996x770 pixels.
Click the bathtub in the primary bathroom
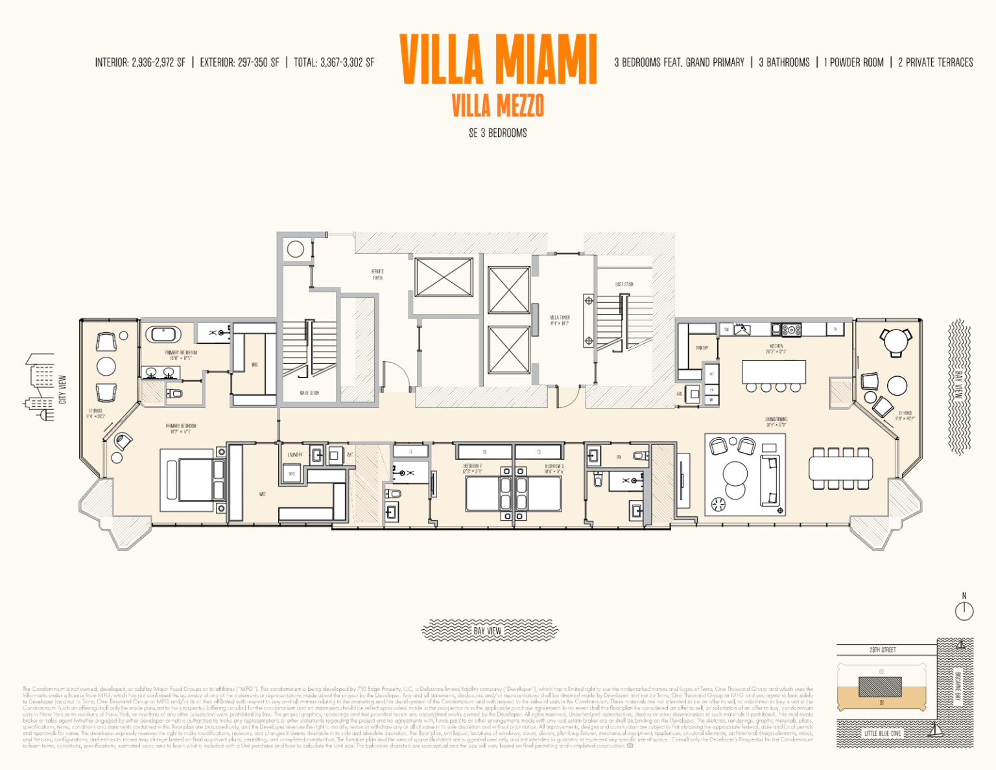click(x=163, y=335)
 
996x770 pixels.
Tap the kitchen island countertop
click(x=774, y=372)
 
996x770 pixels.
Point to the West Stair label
click(x=309, y=393)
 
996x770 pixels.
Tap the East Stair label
click(x=624, y=284)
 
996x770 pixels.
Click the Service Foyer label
click(x=377, y=274)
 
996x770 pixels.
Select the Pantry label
click(x=702, y=348)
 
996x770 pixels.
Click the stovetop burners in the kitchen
click(x=791, y=330)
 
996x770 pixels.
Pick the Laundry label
click(x=294, y=455)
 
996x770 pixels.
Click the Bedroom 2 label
click(x=472, y=466)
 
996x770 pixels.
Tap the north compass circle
click(x=964, y=610)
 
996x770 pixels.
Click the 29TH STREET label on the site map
click(x=883, y=649)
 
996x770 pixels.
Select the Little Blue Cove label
click(x=882, y=733)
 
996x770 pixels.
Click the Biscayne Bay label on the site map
click(x=958, y=686)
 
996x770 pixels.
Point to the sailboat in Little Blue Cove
click(x=934, y=730)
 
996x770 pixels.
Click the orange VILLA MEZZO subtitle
click(x=497, y=106)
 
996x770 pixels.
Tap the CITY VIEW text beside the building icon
click(x=63, y=389)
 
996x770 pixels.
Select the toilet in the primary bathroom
click(x=174, y=393)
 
